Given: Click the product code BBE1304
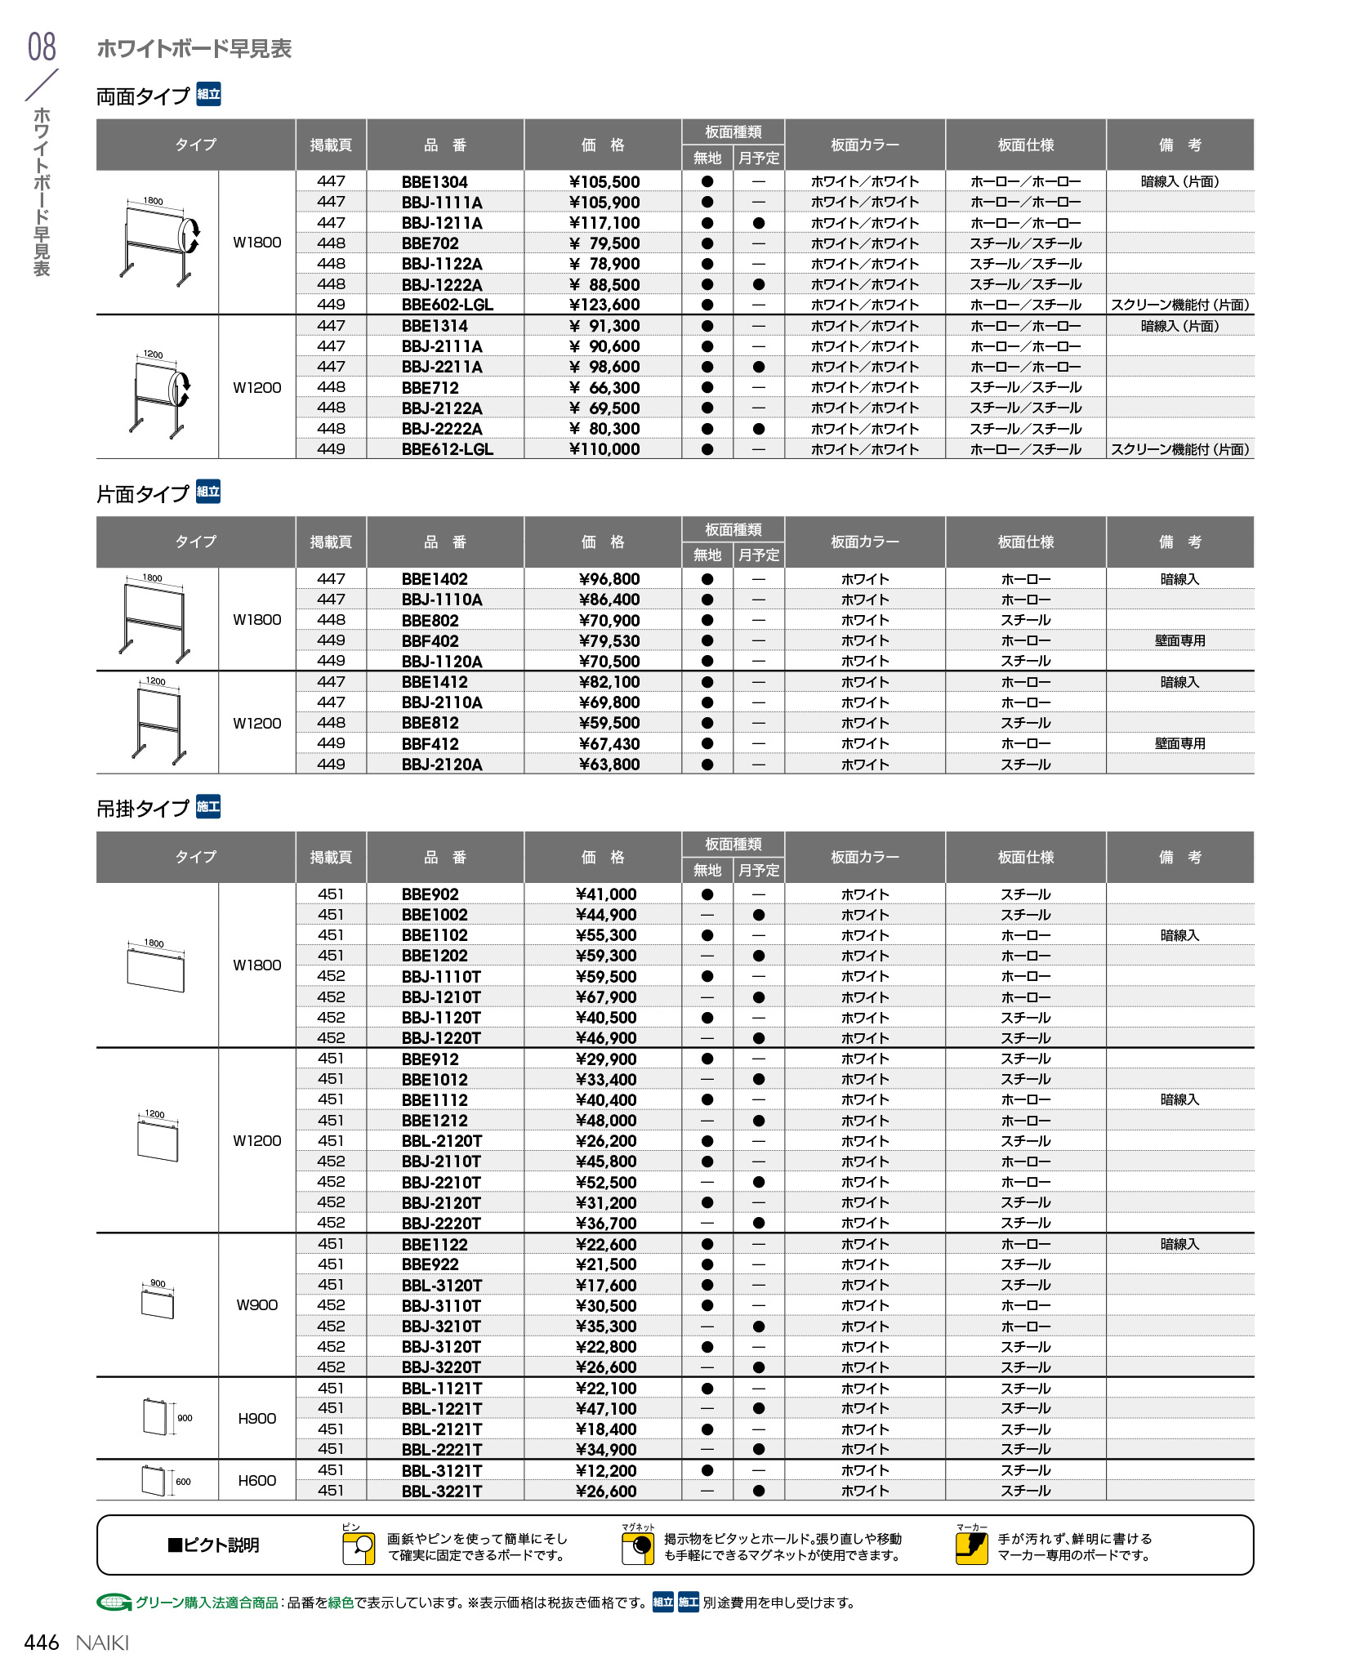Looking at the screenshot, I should coord(435,182).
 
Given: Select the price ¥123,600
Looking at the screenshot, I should coord(604,305).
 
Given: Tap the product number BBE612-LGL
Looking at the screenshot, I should coord(447,449).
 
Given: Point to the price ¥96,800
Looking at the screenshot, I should coord(609,579).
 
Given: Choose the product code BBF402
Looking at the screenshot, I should coord(430,641).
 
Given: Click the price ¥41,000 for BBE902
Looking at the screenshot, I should coord(605,894).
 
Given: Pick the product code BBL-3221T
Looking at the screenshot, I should coord(441,1491).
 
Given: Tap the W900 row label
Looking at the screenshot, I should coord(256,1304).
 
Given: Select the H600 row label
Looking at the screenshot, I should coord(256,1480).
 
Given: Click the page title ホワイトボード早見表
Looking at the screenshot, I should coord(194,49).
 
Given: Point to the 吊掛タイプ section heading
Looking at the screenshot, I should coord(143,809).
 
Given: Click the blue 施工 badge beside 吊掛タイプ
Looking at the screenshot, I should coord(208,807).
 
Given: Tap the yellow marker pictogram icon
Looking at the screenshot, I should coord(971,1547).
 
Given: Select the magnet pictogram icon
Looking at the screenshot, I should coord(637,1547).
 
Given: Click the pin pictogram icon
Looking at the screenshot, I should coord(359,1547).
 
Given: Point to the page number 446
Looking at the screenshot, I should coord(42,1643).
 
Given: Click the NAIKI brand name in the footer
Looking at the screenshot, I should coord(102,1643).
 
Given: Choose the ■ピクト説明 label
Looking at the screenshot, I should coord(213,1545).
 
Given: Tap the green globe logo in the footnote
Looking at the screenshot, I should coord(114,1603).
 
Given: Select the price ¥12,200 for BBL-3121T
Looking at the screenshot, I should coord(605,1470).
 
